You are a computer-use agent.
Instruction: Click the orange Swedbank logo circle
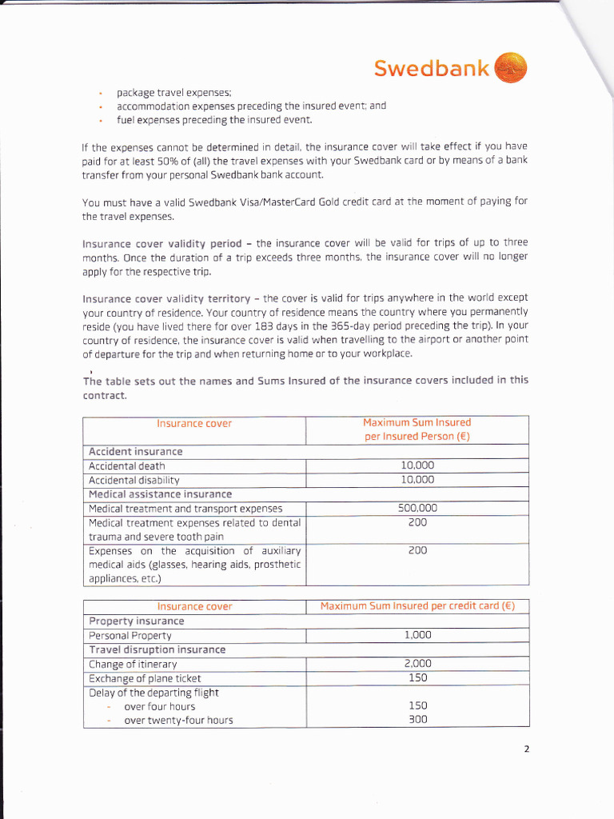(x=511, y=67)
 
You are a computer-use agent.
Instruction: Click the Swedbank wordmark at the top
(x=432, y=69)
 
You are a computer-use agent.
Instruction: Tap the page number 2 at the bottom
(x=527, y=749)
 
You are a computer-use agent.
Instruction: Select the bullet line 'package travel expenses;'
(x=173, y=92)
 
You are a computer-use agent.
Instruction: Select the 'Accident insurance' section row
(x=135, y=451)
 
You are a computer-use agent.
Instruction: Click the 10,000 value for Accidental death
(x=417, y=465)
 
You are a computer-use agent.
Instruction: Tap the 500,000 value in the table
(x=417, y=508)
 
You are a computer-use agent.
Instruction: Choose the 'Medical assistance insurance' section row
(x=160, y=494)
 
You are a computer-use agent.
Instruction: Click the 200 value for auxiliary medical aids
(x=417, y=551)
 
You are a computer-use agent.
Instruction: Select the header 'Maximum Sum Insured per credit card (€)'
(x=417, y=606)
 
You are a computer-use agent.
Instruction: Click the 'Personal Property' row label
(x=130, y=635)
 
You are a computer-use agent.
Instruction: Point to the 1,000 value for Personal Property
(x=417, y=635)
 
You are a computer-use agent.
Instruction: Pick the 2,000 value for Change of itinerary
(x=417, y=664)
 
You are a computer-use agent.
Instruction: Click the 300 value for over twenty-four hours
(x=417, y=720)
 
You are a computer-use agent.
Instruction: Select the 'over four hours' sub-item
(x=159, y=706)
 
